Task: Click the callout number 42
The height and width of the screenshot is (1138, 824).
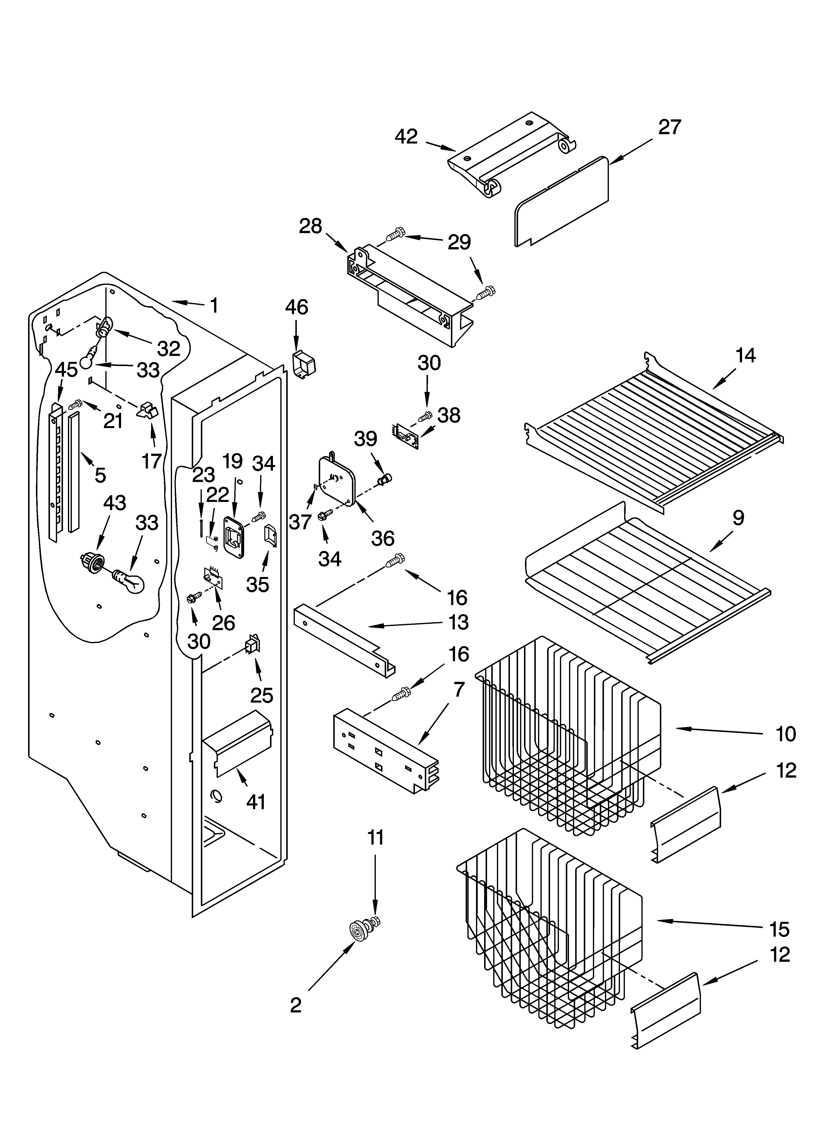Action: (406, 136)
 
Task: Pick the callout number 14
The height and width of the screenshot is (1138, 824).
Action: (745, 356)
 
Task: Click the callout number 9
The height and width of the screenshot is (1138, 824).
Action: (738, 518)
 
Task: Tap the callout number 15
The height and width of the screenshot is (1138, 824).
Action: (779, 930)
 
